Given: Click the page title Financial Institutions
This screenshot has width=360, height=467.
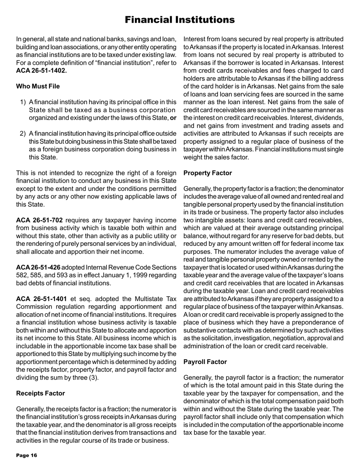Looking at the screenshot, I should click(x=180, y=19).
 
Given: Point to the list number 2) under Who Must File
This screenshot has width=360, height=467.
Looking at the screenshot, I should click(x=22, y=133).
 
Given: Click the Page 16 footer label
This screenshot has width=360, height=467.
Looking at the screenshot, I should click(x=27, y=456).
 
